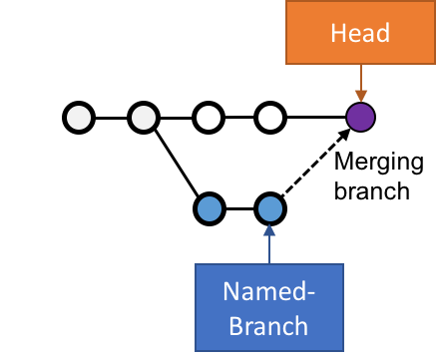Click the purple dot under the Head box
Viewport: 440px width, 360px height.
point(360,118)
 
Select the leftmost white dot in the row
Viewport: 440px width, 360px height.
point(79,118)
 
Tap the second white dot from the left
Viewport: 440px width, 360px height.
point(144,118)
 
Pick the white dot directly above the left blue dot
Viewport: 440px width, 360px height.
point(209,118)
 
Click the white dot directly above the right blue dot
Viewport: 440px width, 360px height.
point(270,118)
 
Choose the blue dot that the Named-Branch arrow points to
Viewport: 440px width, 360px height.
point(270,208)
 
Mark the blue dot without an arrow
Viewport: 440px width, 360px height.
point(209,208)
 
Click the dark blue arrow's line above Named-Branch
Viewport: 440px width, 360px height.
point(268,249)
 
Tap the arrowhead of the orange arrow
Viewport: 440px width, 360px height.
point(360,97)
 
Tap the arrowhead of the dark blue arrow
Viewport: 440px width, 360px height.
point(268,229)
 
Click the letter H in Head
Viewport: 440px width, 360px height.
point(338,33)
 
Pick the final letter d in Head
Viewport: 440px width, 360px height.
point(382,33)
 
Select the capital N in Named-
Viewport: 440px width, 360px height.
point(230,293)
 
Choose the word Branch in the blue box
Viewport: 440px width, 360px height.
point(268,326)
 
